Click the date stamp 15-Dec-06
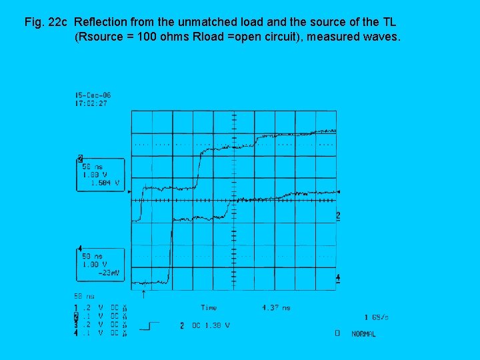click(93, 96)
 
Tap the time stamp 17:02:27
click(91, 103)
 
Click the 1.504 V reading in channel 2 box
click(107, 182)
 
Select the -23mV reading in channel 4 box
click(109, 272)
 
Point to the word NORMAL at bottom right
click(363, 333)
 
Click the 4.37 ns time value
click(276, 307)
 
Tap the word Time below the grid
click(209, 307)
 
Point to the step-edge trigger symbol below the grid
click(150, 326)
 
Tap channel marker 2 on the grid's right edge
click(338, 215)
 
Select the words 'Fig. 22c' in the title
click(45, 23)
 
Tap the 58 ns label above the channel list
click(84, 296)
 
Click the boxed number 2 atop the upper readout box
click(80, 159)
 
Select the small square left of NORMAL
click(337, 333)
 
